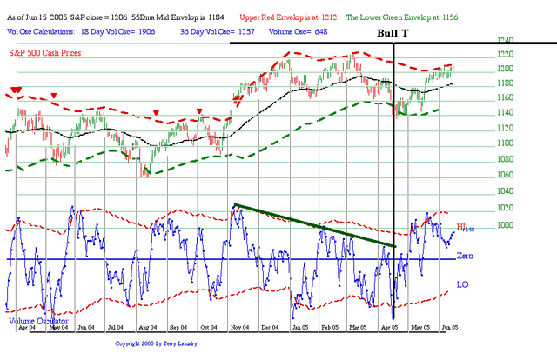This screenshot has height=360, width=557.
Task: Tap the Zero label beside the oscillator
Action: tap(465, 257)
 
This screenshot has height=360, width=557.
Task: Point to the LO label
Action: tap(462, 284)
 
